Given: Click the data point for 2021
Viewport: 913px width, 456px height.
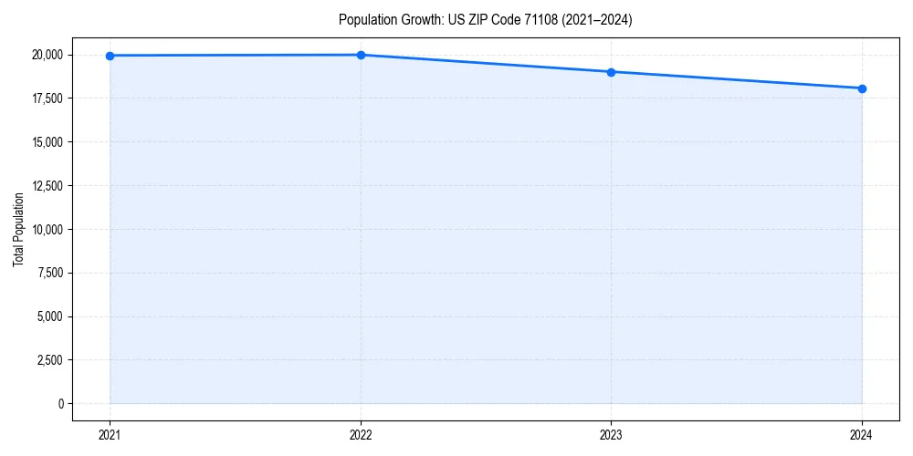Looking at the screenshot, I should [x=110, y=56].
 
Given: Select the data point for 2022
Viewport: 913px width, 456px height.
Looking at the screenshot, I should [x=361, y=55].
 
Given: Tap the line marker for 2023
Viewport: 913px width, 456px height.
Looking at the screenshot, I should [x=611, y=72].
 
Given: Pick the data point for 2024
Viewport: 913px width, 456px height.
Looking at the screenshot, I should [x=862, y=88].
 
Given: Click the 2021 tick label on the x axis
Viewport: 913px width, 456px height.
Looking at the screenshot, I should [x=110, y=434].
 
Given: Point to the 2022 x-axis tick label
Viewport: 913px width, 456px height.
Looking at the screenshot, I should [x=361, y=434].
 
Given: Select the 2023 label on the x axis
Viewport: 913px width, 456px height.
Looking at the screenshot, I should [x=611, y=434].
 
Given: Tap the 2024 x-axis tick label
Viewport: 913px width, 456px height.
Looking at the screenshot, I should [x=862, y=434].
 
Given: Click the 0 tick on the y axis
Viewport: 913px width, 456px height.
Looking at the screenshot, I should [x=60, y=404].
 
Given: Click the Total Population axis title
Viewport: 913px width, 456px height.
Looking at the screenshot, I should [x=18, y=229].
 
